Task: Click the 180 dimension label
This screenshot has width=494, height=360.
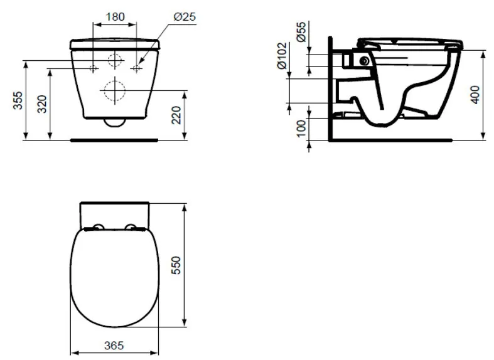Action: [115, 16]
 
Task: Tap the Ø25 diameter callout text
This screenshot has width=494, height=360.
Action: [185, 16]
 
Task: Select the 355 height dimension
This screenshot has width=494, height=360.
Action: [18, 100]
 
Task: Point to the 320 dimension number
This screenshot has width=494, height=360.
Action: [42, 104]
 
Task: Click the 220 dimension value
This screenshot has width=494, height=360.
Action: [177, 115]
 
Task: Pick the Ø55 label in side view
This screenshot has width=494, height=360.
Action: [301, 31]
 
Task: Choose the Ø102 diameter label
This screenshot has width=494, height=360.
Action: [282, 56]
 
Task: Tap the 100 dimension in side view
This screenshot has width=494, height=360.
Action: [301, 128]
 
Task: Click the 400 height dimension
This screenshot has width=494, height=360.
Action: [475, 95]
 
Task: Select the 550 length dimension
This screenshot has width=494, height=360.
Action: [177, 265]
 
